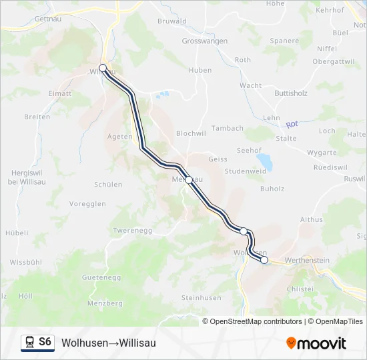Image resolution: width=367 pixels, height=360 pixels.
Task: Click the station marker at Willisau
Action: coord(103,68)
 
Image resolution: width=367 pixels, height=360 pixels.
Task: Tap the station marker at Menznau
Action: coord(189,180)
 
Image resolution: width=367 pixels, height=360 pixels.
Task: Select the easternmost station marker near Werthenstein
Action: coord(264,260)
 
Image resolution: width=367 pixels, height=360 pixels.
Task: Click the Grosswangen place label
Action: coord(205,41)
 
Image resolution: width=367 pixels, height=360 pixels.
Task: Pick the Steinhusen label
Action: coord(201,297)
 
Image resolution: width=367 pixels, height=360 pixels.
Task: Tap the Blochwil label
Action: coord(191,133)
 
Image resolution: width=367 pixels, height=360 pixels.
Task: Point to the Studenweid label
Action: coord(246,171)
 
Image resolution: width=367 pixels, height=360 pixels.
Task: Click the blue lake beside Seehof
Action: coord(265,161)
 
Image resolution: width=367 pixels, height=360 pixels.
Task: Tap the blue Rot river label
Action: coord(292,124)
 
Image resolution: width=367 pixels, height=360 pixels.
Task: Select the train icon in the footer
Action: coord(29,342)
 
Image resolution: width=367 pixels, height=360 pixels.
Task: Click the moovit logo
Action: coord(316,343)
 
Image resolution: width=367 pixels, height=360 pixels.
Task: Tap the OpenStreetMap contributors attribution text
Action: coord(256,321)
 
